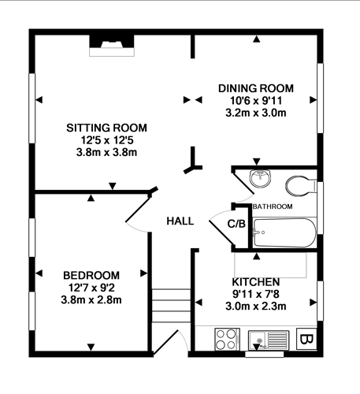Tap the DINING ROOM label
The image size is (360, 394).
click(x=255, y=87)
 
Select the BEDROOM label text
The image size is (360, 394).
click(x=91, y=274)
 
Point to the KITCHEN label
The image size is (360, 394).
click(x=256, y=281)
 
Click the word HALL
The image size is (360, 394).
click(x=180, y=221)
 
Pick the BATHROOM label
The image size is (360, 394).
click(x=273, y=206)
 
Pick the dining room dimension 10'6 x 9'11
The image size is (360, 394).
click(x=255, y=100)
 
